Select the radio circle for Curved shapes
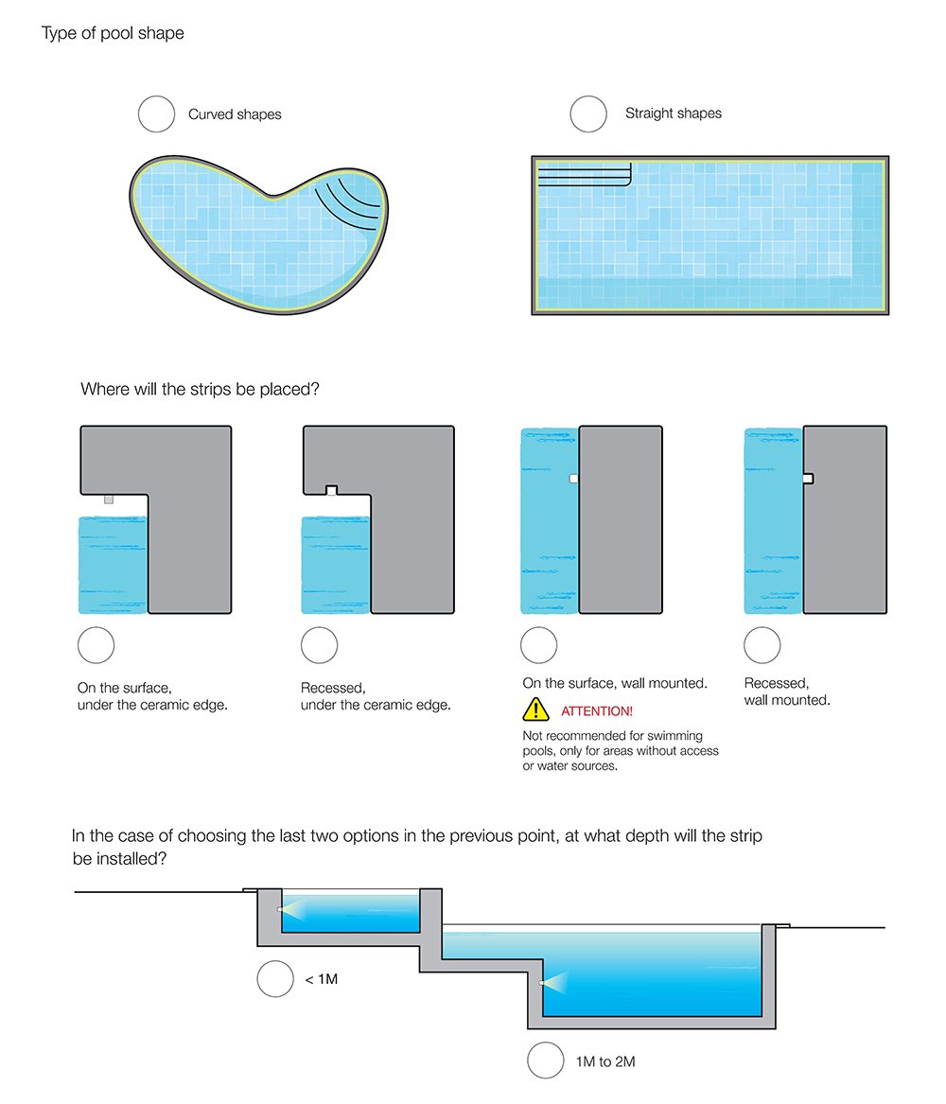pyautogui.click(x=157, y=114)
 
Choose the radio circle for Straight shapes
pyautogui.click(x=588, y=114)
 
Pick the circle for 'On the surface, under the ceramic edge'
pyautogui.click(x=96, y=645)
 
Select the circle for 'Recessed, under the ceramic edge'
pyautogui.click(x=320, y=645)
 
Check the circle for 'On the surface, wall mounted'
pyautogui.click(x=539, y=645)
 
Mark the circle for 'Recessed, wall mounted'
pyautogui.click(x=762, y=645)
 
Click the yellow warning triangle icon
pyautogui.click(x=535, y=709)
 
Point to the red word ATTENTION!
pyautogui.click(x=597, y=710)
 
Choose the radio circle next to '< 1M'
pyautogui.click(x=275, y=978)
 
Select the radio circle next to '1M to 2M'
pyautogui.click(x=546, y=1060)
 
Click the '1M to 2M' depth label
pyautogui.click(x=605, y=1061)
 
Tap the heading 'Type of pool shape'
pyautogui.click(x=113, y=34)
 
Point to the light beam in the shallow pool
pyautogui.click(x=298, y=911)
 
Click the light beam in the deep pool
pyautogui.click(x=560, y=984)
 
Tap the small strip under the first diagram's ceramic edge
pyautogui.click(x=109, y=499)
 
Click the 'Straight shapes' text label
pyautogui.click(x=673, y=114)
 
